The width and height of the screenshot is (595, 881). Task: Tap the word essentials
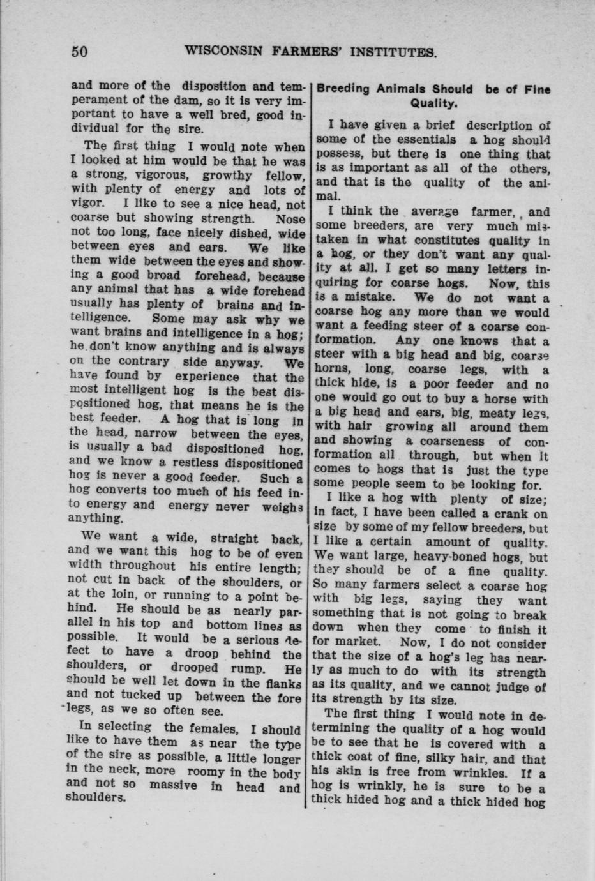(426, 140)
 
